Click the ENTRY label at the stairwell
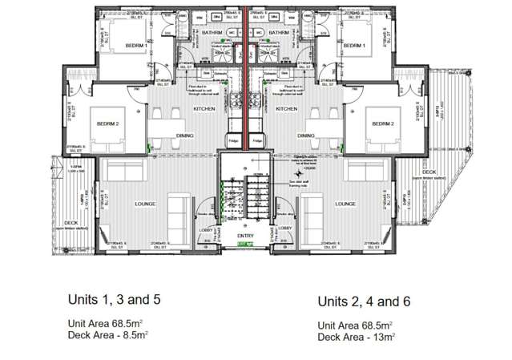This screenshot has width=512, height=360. click(x=245, y=237)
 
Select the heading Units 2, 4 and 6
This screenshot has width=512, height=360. click(x=371, y=302)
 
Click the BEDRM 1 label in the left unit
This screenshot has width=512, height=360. click(x=137, y=47)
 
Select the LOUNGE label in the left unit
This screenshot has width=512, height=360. click(x=145, y=204)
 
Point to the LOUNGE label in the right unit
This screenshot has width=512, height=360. click(x=346, y=204)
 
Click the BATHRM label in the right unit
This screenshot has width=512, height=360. click(x=279, y=33)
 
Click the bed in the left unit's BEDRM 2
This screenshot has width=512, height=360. click(x=111, y=126)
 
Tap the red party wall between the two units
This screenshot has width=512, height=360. click(x=245, y=80)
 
